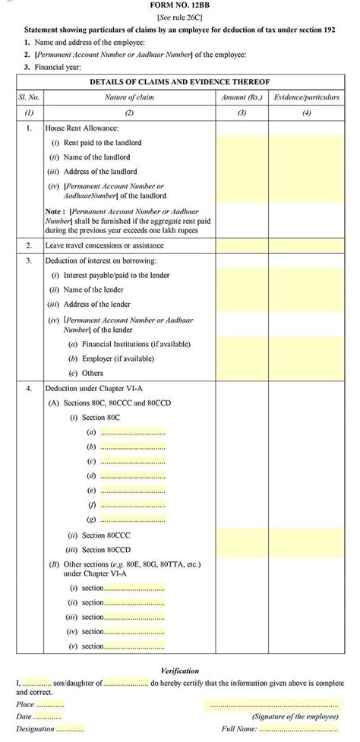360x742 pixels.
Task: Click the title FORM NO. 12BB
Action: tap(181, 5)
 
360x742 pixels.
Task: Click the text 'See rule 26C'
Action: tap(181, 17)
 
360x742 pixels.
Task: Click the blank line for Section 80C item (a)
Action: tap(132, 432)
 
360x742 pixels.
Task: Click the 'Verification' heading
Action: tap(180, 671)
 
